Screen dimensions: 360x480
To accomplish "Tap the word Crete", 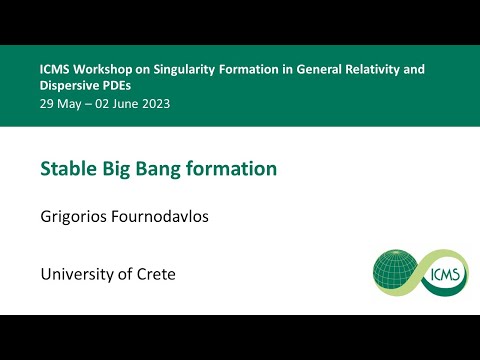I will (x=155, y=274).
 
